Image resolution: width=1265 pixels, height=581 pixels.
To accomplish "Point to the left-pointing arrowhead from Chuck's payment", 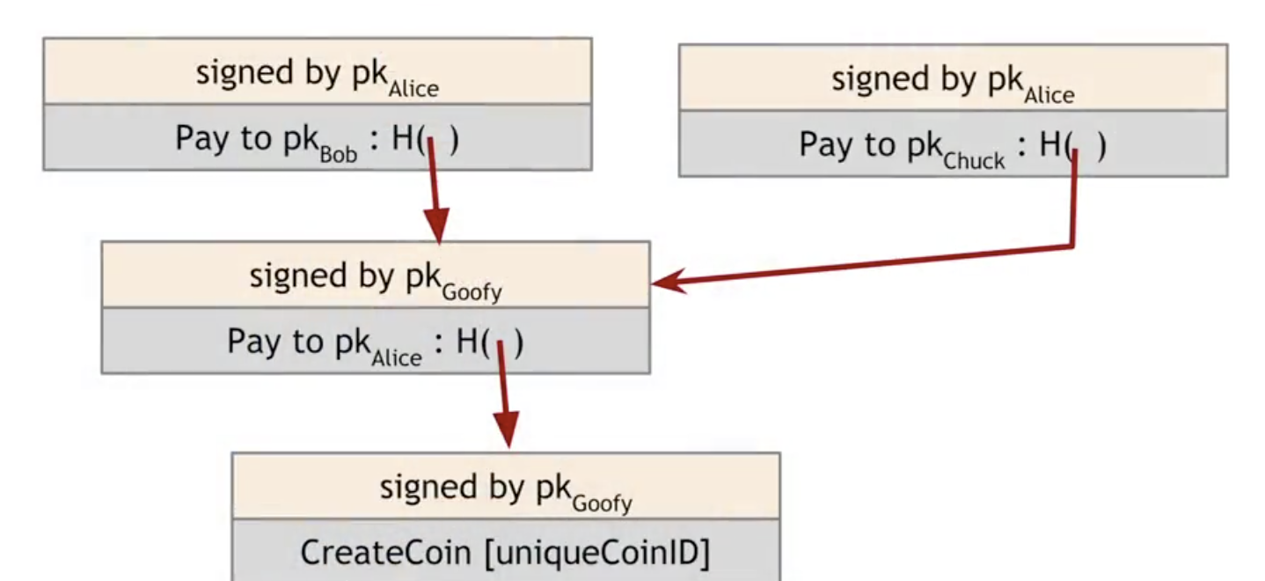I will coord(668,283).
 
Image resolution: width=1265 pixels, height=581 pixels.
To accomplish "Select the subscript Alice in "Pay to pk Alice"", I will coord(396,357).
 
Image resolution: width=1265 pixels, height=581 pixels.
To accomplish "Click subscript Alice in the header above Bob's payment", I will coord(413,89).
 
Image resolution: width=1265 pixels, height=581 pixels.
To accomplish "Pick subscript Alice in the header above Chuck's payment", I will coord(1049,94).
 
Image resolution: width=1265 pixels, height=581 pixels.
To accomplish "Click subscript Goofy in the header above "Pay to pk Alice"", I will coord(472,292).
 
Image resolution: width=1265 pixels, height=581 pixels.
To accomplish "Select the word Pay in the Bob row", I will coord(197,139).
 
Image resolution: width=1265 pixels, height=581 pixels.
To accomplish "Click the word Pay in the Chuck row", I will coord(821,145).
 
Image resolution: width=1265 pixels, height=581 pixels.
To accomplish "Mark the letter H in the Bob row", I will coord(404,139).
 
